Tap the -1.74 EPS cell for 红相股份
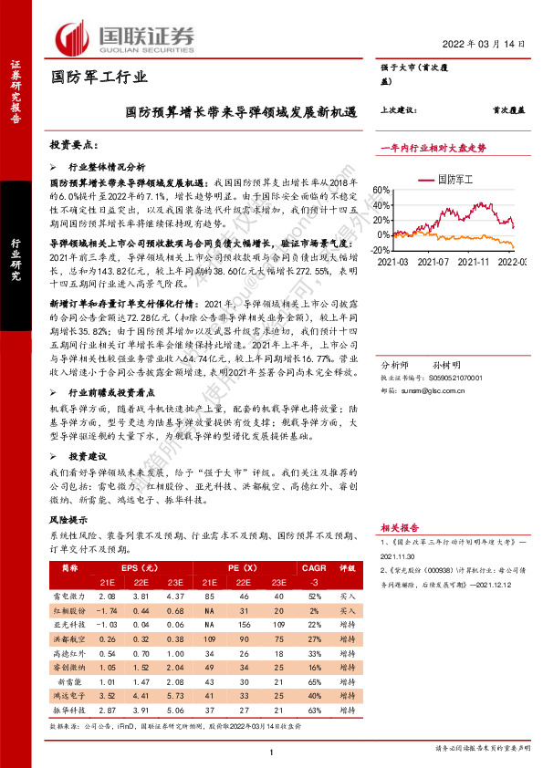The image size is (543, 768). pyautogui.click(x=106, y=609)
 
